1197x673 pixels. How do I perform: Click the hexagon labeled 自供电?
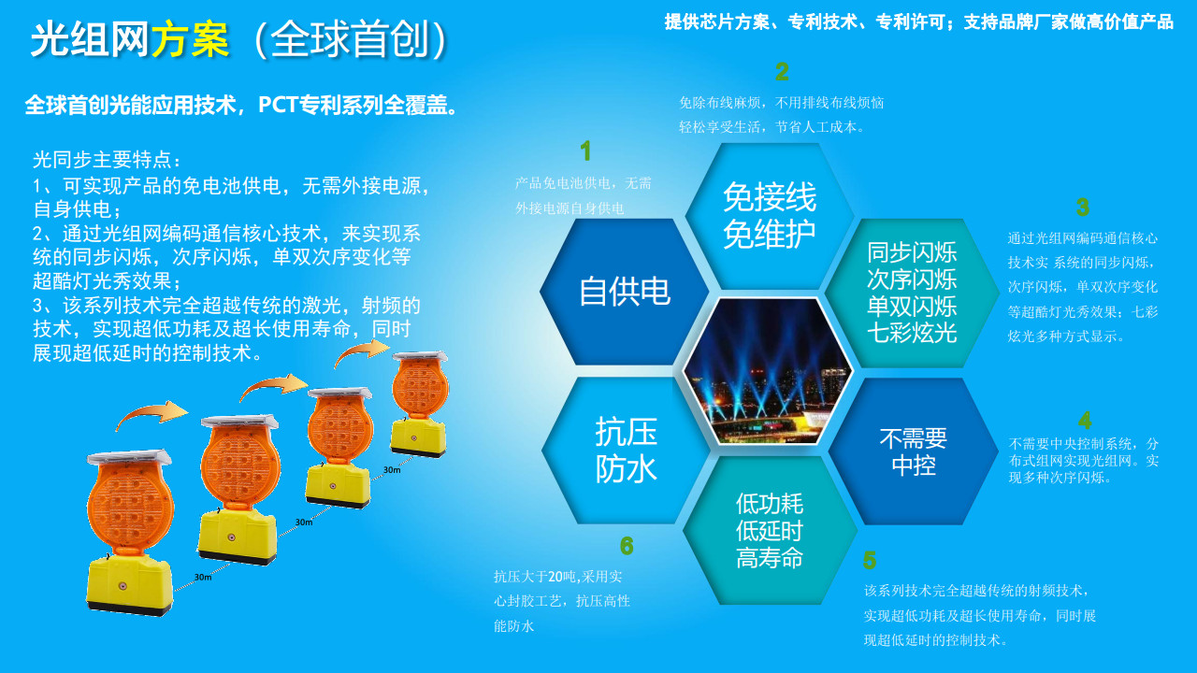click(x=624, y=292)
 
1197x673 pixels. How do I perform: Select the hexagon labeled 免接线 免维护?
click(x=770, y=216)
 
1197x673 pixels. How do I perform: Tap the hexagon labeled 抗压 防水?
click(x=626, y=451)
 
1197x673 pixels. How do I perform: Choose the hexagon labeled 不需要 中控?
click(x=914, y=451)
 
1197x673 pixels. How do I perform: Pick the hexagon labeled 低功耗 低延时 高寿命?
click(x=770, y=530)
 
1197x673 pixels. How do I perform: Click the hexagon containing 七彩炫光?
click(x=912, y=293)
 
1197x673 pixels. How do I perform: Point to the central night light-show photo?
click(x=768, y=371)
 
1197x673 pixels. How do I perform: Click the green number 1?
click(x=585, y=150)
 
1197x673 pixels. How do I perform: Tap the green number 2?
click(x=782, y=72)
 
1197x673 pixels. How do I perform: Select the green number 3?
click(x=1083, y=208)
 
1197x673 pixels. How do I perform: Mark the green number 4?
click(x=1085, y=421)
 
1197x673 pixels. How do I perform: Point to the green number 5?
click(x=870, y=560)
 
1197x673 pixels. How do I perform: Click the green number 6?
click(x=627, y=545)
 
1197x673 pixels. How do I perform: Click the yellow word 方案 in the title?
click(x=191, y=39)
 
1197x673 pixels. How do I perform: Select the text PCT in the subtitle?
click(x=278, y=106)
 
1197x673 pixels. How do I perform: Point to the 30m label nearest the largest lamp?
click(x=203, y=577)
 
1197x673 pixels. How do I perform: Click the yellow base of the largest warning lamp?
click(x=130, y=586)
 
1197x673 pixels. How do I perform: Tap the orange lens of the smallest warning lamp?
click(x=421, y=388)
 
